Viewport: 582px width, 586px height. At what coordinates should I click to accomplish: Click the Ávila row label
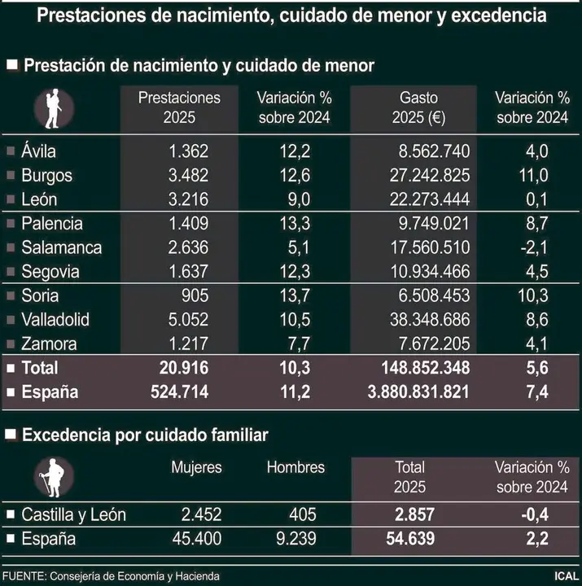pos(39,151)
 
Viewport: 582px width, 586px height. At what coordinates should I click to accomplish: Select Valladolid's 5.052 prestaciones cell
pos(186,320)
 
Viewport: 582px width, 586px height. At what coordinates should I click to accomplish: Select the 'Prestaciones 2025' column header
pos(179,107)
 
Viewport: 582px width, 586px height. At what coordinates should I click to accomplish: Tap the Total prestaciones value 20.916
pos(180,368)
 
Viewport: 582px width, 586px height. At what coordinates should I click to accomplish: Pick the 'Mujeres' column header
pos(195,467)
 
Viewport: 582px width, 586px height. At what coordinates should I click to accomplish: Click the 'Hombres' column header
pos(295,467)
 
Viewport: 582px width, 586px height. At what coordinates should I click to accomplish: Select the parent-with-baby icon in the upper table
pos(54,108)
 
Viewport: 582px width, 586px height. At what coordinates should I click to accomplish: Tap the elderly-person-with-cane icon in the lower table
pos(54,478)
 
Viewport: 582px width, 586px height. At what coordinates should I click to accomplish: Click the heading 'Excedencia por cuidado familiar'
pos(145,436)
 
